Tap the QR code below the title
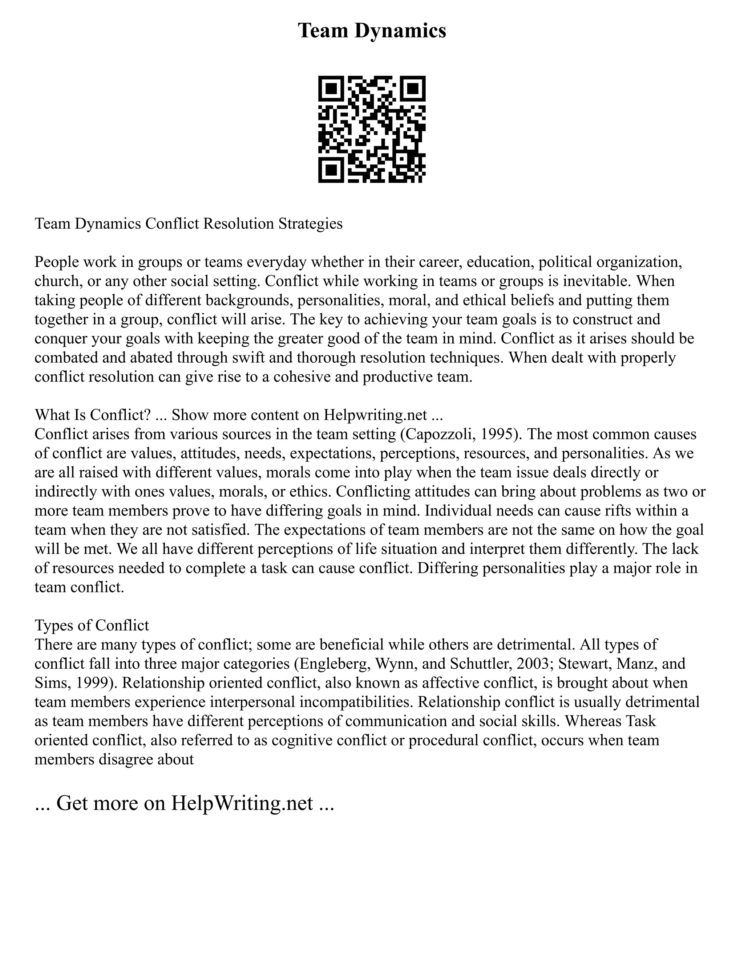tap(372, 129)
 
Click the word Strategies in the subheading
tap(310, 224)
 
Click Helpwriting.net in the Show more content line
tap(375, 415)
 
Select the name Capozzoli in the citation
tap(460, 434)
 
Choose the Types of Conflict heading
tap(92, 625)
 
